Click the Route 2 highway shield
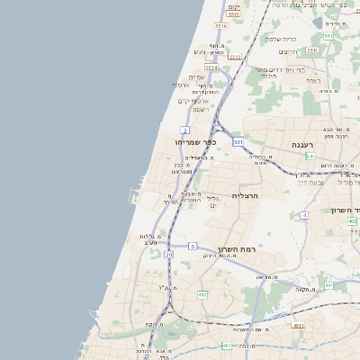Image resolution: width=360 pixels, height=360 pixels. [184, 130]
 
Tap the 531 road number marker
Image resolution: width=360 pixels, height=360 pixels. [238, 141]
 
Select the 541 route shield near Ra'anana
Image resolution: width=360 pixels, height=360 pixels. [310, 156]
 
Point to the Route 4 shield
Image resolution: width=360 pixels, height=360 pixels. [305, 215]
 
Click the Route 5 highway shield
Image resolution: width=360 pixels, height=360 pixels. [193, 246]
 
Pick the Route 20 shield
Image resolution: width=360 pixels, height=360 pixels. [168, 255]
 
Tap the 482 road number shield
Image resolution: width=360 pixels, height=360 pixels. [202, 294]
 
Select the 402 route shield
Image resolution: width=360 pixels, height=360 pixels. [353, 221]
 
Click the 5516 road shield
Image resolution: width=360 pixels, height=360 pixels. [221, 27]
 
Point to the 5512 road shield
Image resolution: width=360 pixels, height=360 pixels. [236, 57]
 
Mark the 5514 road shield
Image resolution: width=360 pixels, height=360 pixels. [211, 67]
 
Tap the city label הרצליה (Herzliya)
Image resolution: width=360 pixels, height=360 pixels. [246, 195]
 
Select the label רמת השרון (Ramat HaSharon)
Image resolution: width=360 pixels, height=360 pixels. [237, 248]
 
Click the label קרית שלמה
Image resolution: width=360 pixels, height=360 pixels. [281, 39]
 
